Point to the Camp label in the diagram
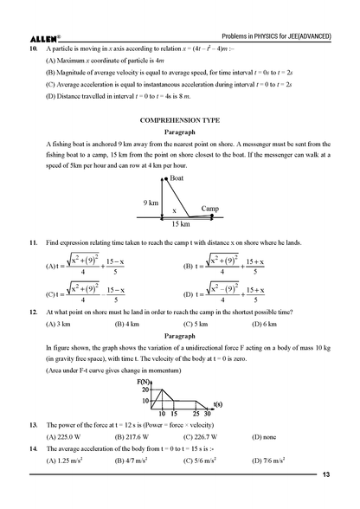[209, 209]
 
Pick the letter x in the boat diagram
[174, 210]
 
